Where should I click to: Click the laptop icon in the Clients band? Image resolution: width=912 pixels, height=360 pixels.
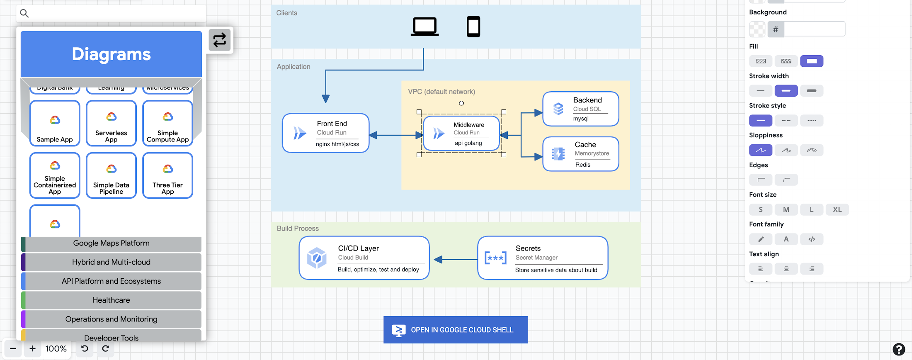[x=424, y=27]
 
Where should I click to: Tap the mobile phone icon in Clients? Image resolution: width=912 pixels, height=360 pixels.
[x=473, y=27]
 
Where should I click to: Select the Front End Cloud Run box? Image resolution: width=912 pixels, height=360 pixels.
[x=326, y=133]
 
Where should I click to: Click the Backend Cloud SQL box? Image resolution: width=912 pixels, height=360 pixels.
[x=580, y=109]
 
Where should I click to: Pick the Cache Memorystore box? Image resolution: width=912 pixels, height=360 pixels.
[x=580, y=154]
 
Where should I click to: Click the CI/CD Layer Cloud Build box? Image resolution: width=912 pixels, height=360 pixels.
[x=364, y=258]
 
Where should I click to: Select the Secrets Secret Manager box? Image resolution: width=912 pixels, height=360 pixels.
[x=543, y=258]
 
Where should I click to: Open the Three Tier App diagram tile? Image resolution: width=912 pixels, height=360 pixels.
[x=167, y=175]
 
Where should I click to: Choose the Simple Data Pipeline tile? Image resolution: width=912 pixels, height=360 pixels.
[x=111, y=175]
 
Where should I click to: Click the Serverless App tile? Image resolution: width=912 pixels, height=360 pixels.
[x=111, y=123]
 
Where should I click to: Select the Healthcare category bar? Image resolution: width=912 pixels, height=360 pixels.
[x=111, y=300]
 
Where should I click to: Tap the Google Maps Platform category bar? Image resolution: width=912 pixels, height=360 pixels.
[x=111, y=243]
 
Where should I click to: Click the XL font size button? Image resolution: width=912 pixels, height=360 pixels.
[x=837, y=209]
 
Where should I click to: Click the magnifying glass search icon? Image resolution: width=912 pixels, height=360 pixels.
[x=24, y=13]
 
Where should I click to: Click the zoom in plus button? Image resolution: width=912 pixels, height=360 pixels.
[x=32, y=349]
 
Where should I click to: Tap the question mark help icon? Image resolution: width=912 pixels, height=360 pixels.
[x=898, y=349]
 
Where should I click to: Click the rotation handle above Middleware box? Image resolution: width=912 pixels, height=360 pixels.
[x=461, y=103]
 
